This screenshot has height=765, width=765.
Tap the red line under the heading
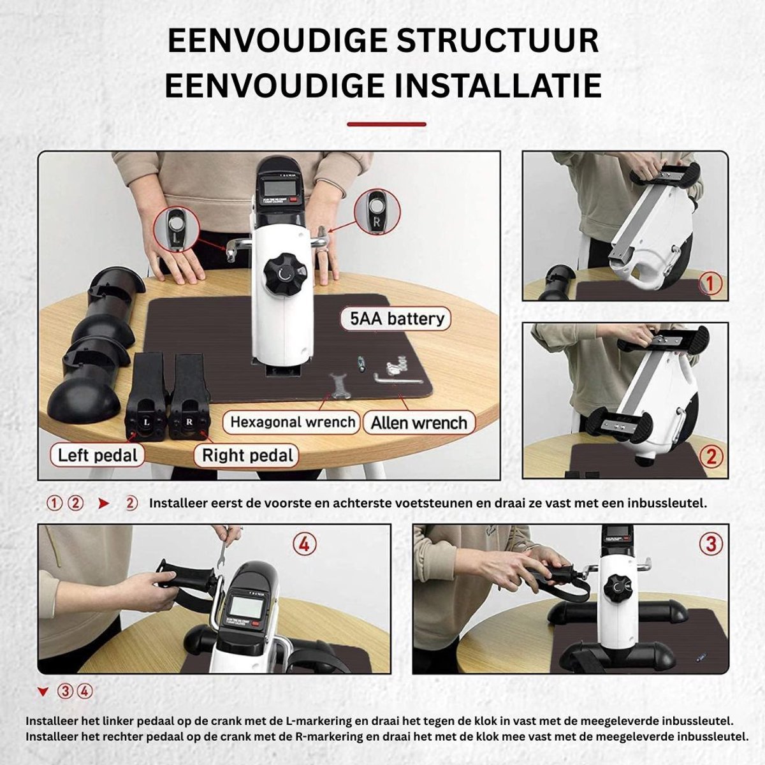[x=386, y=124]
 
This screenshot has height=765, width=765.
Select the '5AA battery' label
[x=396, y=318]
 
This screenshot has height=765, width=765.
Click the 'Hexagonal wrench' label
[x=292, y=422]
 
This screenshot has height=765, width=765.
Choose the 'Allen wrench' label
[x=419, y=423]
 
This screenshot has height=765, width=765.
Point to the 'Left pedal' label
[x=98, y=455]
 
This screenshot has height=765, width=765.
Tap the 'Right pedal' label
[x=247, y=455]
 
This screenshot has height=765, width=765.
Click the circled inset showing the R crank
[x=376, y=212]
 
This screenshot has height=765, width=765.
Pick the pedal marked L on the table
[x=147, y=397]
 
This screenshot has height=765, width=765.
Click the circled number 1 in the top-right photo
[x=710, y=284]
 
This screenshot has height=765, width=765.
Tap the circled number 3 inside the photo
[x=711, y=544]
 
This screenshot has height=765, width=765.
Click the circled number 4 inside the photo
[x=305, y=544]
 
